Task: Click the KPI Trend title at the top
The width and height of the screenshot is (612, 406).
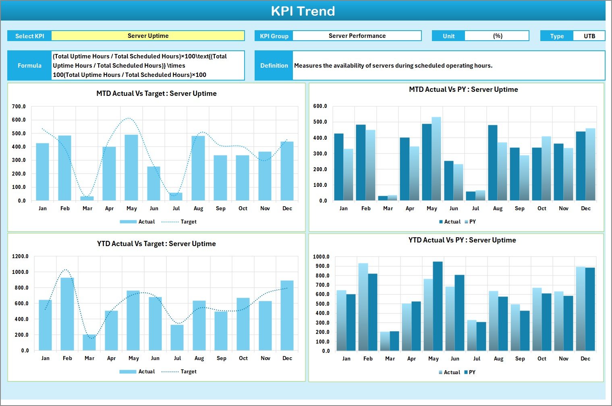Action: [x=303, y=11]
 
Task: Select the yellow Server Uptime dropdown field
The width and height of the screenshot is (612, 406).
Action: [x=148, y=36]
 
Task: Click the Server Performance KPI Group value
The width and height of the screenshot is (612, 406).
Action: [x=357, y=36]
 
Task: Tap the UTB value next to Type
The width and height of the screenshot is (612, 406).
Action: [x=589, y=36]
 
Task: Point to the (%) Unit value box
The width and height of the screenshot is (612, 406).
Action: [x=497, y=36]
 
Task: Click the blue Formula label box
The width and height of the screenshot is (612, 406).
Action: [x=29, y=66]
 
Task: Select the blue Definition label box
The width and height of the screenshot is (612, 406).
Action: [x=274, y=66]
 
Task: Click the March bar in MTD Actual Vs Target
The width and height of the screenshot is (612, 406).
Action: [x=87, y=198]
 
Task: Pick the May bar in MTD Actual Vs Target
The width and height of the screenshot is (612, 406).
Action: [x=131, y=168]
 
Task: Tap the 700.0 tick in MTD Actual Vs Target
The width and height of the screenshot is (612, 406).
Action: [x=19, y=107]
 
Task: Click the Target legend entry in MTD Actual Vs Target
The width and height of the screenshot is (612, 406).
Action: [x=188, y=222]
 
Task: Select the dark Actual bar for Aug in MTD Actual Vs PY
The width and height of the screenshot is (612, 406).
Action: [x=493, y=163]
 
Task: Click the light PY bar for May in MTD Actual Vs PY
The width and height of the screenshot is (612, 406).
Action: [x=436, y=159]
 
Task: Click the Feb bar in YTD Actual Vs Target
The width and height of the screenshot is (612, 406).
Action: [x=67, y=314]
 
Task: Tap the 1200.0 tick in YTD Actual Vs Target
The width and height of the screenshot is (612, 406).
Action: [x=21, y=257]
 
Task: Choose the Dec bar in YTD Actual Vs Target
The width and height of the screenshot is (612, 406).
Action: [x=287, y=315]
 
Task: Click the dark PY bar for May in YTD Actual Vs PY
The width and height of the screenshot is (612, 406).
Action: [x=438, y=306]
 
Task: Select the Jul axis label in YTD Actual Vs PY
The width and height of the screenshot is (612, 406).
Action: [x=477, y=359]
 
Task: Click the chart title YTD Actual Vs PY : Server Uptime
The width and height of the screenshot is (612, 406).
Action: [x=462, y=240]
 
